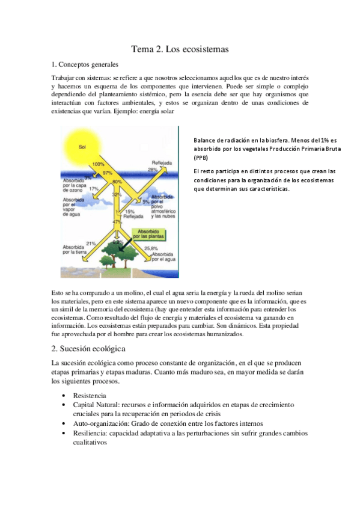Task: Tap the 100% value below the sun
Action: click(99, 164)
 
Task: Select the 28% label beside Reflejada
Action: click(153, 170)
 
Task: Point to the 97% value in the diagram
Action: click(108, 173)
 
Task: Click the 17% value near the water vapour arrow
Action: click(94, 189)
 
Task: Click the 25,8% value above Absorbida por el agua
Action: click(151, 248)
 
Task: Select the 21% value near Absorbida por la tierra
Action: click(91, 243)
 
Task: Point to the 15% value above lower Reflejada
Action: click(129, 212)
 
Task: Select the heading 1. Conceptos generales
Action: click(85, 64)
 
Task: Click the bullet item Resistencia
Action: click(90, 396)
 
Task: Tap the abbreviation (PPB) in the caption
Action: click(201, 158)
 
